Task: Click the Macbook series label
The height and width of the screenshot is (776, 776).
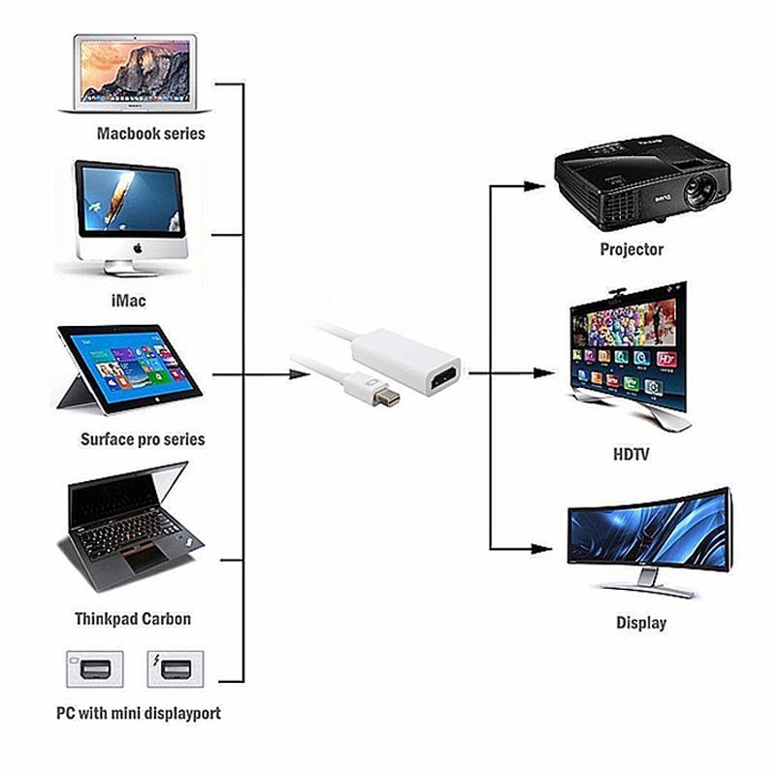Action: tap(151, 133)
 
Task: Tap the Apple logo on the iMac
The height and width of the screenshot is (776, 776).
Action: tap(138, 248)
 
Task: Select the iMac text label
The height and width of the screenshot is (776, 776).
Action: tap(129, 301)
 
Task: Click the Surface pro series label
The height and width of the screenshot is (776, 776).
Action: tap(143, 439)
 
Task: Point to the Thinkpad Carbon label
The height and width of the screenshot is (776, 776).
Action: tap(133, 619)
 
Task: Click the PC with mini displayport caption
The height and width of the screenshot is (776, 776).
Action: tap(139, 713)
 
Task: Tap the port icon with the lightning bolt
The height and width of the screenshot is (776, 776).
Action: tap(176, 669)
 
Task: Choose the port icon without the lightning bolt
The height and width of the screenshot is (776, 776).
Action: tap(95, 669)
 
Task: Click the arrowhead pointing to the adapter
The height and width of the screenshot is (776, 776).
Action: tap(300, 374)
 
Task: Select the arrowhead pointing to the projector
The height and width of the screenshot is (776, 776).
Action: tap(534, 186)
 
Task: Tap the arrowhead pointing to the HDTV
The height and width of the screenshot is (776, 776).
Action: tap(544, 373)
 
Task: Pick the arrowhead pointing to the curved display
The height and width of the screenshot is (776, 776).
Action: tap(541, 549)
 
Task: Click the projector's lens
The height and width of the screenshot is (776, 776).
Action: tap(699, 190)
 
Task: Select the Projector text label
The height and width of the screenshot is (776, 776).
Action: tap(631, 249)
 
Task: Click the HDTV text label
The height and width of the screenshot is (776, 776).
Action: tap(631, 454)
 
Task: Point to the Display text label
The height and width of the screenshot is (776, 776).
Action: tap(641, 623)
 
